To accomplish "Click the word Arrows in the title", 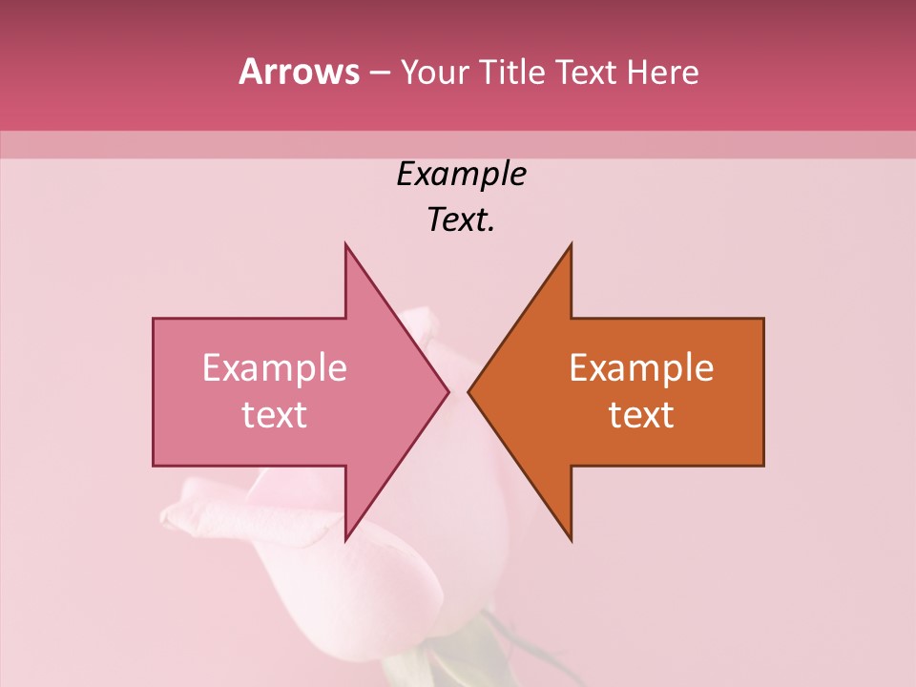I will click(x=300, y=72).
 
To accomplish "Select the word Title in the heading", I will click(x=516, y=73).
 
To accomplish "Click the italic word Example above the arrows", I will click(x=461, y=174).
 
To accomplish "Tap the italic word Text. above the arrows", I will click(x=461, y=220).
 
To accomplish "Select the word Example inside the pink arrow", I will click(x=275, y=368).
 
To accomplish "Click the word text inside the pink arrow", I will click(x=275, y=415).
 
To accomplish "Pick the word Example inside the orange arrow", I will click(x=641, y=368).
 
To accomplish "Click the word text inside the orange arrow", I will click(x=641, y=415).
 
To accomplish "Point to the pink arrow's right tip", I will click(x=448, y=391).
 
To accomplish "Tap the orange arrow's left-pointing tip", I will click(x=469, y=391).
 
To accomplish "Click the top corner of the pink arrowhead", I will click(x=346, y=245).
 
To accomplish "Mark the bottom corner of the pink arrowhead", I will click(x=346, y=539).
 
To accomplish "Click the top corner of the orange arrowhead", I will click(x=571, y=245).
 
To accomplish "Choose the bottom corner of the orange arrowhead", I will click(x=571, y=539).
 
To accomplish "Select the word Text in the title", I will click(x=585, y=73).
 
